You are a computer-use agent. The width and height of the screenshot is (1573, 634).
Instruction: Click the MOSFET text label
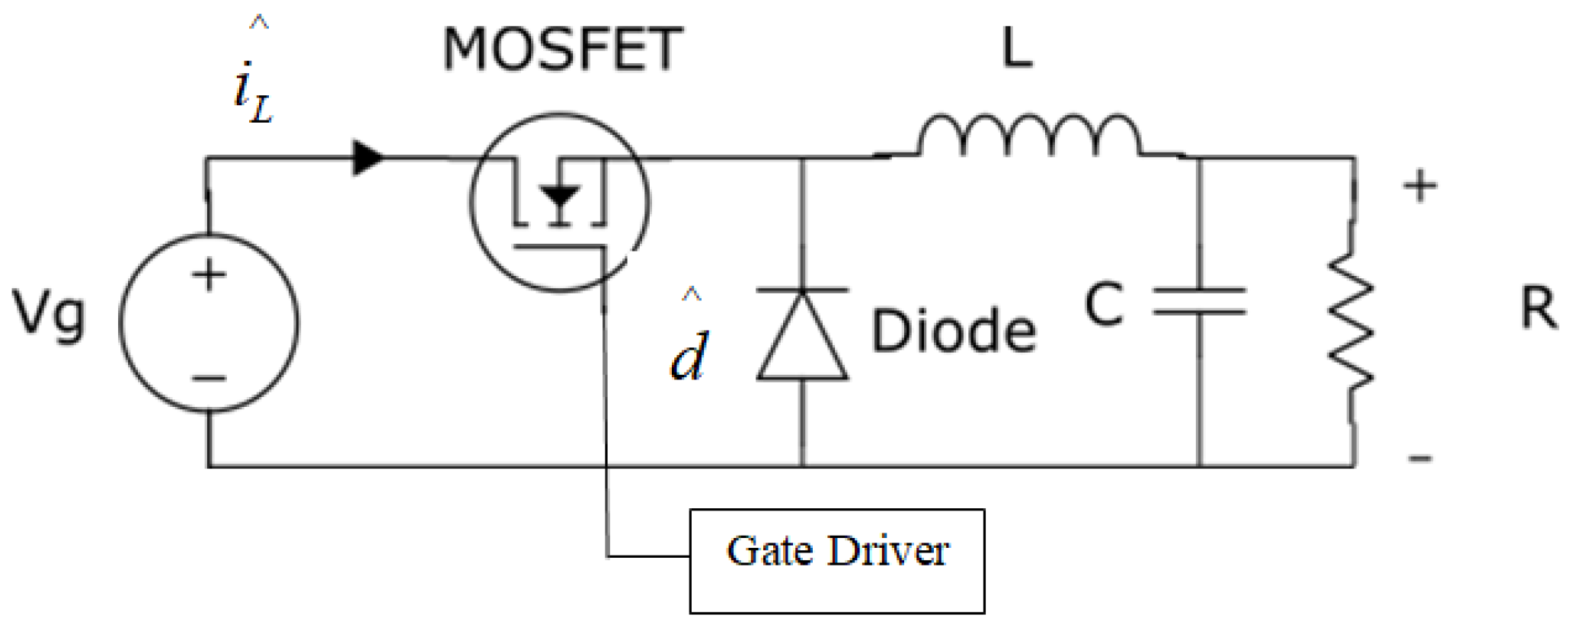562,50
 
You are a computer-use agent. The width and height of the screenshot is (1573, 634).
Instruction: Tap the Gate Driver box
836,561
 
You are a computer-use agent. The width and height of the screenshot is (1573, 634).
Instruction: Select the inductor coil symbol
1028,137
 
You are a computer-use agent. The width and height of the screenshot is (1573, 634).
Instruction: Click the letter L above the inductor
1017,49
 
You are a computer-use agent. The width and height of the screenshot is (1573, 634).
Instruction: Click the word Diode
953,331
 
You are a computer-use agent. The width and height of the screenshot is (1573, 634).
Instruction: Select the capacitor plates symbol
1200,301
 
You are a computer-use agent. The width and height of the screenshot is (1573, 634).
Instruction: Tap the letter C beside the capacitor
1104,304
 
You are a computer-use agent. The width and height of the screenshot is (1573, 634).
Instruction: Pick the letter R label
1538,309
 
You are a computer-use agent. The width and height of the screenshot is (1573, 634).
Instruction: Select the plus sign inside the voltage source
209,274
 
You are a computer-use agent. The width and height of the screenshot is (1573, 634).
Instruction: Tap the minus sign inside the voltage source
209,377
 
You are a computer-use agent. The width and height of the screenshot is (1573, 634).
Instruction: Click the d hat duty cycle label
689,347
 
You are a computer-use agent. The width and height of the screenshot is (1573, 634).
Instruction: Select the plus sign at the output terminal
1420,186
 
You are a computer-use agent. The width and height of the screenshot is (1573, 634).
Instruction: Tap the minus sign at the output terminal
1420,458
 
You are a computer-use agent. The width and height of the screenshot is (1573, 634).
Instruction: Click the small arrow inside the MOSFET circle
560,197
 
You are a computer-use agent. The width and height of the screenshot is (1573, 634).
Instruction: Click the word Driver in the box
888,550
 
